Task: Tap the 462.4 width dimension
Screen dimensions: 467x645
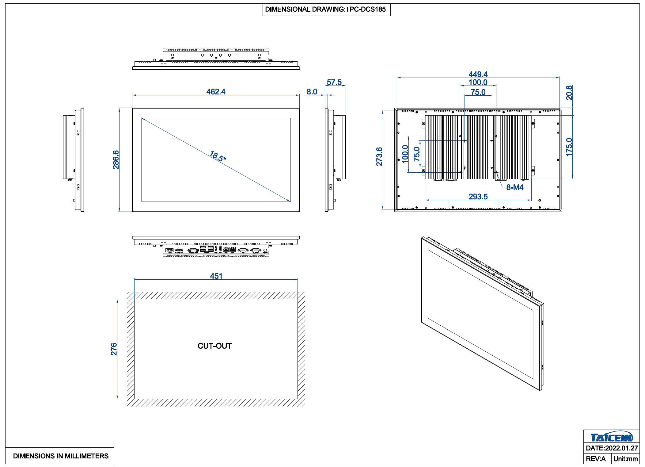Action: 216,92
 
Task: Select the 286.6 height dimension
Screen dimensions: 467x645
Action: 116,160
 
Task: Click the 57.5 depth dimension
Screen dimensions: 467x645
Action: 334,82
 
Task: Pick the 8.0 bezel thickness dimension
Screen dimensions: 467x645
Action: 312,92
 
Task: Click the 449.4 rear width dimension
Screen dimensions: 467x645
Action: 478,74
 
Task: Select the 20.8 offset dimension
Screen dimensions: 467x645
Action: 569,93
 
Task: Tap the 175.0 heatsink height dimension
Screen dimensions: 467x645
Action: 569,147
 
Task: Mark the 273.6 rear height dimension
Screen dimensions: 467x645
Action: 379,157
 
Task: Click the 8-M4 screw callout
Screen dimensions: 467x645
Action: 515,187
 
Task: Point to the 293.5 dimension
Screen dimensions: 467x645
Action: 478,197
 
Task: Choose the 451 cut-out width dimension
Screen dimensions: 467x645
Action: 216,276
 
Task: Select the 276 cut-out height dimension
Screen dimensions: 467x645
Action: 114,349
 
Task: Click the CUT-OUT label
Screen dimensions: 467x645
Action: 215,346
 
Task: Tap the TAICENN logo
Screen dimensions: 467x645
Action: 612,437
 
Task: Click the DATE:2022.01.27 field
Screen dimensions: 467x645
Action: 612,448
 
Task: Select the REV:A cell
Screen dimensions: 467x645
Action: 596,459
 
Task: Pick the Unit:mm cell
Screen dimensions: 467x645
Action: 625,459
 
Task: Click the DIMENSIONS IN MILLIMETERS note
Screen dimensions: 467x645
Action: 61,456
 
